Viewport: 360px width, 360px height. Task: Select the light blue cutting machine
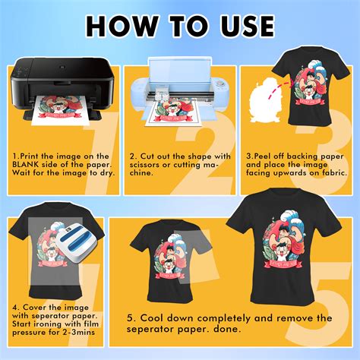[x=175, y=91]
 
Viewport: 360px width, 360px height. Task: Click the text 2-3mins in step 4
[x=78, y=330]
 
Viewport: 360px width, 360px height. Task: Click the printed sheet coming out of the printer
[x=56, y=122]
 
